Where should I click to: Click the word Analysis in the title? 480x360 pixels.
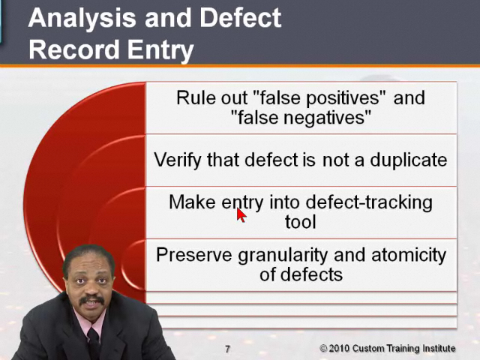[x=82, y=19]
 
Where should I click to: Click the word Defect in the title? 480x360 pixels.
[x=240, y=17]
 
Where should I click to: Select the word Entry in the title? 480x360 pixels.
[x=160, y=51]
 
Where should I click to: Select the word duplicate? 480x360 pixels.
[x=409, y=160]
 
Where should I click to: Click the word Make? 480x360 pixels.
[x=192, y=202]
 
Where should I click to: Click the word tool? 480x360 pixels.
[x=300, y=222]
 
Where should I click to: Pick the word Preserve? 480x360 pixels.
[x=194, y=255]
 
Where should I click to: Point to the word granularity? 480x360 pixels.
[x=283, y=256]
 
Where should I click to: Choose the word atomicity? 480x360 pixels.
[x=409, y=255]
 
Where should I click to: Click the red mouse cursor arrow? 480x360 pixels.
[x=241, y=215]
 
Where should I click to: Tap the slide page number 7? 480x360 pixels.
[x=227, y=349]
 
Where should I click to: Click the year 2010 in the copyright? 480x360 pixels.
[x=338, y=348]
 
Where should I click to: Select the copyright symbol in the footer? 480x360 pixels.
[x=323, y=348]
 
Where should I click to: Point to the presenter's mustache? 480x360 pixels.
[x=91, y=300]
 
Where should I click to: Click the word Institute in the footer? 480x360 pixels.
[x=439, y=348]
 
